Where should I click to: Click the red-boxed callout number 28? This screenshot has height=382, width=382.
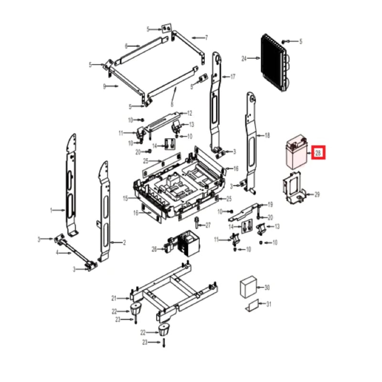point(319,153)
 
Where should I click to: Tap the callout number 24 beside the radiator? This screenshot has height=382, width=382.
point(244,59)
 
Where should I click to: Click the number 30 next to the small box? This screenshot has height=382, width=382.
point(267,287)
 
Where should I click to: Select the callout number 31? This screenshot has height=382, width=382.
point(269,304)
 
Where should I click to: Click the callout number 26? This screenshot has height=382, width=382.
point(154,249)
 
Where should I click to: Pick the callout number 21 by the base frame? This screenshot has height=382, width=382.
point(114,298)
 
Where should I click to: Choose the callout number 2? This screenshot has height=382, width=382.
point(124,243)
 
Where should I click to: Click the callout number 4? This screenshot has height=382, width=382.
point(57,253)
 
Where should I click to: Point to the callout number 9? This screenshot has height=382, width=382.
point(104,86)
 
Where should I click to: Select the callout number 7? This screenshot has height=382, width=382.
point(206,37)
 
